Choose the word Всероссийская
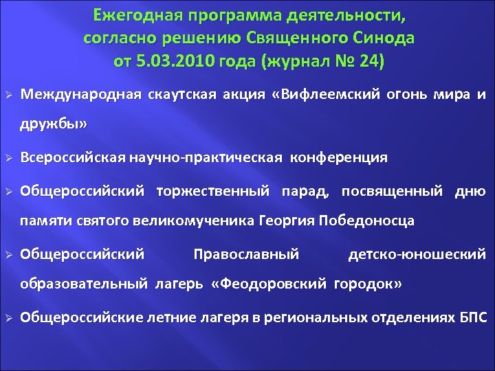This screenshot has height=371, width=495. (x=71, y=157)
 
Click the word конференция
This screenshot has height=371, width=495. (x=340, y=157)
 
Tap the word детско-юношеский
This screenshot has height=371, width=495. (x=417, y=254)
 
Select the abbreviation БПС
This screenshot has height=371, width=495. (x=472, y=317)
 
